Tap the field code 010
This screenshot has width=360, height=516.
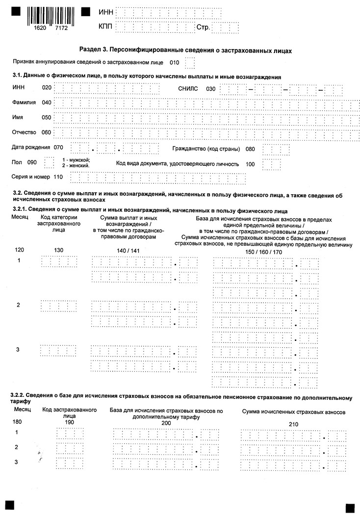tap(174, 62)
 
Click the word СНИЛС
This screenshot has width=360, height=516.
tap(189, 89)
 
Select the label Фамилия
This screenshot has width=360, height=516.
tap(25, 103)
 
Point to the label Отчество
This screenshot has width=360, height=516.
tap(25, 132)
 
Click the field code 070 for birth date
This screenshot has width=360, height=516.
tap(59, 147)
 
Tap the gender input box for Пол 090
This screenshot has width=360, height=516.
tap(49, 162)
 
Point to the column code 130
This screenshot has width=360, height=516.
tap(59, 251)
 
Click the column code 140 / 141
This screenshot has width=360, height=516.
tap(129, 251)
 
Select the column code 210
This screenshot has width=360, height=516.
tap(293, 424)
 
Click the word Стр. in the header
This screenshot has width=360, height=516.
tap(203, 27)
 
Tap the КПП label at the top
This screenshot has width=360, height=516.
tap(106, 26)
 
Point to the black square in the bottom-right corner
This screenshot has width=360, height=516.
tap(350, 507)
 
